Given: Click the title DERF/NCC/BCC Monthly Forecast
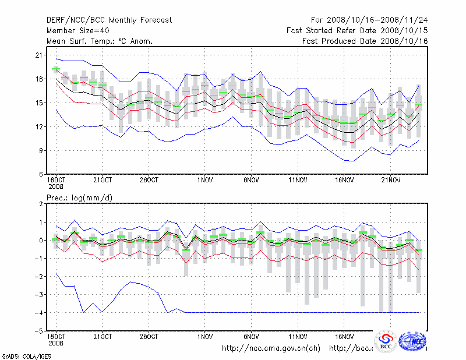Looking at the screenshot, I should point(109,20).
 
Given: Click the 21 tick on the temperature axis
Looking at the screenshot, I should point(40,55).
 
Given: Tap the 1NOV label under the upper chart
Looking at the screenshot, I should point(204,179).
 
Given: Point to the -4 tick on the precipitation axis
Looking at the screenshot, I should point(39,313).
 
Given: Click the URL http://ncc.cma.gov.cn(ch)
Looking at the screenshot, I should point(271,348).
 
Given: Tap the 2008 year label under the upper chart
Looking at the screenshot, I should point(56,186).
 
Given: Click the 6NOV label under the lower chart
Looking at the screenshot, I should point(251,337).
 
